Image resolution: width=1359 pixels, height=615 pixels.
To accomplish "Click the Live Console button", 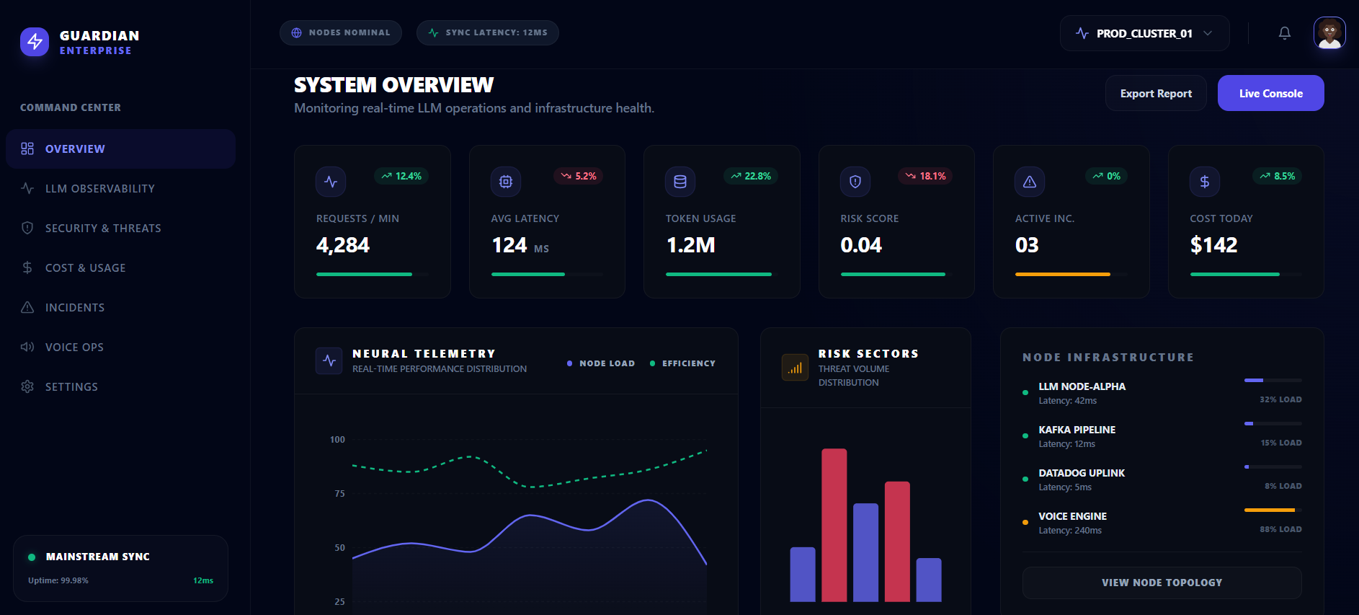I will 1270,93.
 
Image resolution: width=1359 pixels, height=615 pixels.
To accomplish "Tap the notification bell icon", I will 1284,33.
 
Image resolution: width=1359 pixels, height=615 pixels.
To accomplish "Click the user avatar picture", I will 1329,33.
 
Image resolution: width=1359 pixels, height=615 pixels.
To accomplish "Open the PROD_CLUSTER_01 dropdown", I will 1144,33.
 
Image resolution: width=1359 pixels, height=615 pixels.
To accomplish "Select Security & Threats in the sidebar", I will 102,228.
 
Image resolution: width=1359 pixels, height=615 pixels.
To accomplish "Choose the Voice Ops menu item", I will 74,347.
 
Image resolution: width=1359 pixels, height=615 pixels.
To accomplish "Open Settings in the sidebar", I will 71,386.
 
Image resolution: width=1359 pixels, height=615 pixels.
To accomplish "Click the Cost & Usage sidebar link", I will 85,267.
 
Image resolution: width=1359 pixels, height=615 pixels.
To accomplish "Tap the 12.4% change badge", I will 401,176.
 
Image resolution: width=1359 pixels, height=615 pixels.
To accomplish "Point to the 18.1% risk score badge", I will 925,176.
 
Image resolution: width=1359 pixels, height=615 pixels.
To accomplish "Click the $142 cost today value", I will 1213,245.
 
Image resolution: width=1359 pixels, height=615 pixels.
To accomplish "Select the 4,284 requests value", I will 343,245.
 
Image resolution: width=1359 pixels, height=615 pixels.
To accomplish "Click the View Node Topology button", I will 1162,583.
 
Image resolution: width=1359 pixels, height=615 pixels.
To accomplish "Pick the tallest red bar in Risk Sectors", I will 834,525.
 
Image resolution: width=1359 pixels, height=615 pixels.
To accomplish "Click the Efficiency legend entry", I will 682,363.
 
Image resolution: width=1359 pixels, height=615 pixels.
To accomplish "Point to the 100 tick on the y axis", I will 337,439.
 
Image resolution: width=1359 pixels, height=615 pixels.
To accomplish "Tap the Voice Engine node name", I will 1072,516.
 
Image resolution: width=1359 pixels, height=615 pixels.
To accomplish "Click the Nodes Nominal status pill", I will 341,32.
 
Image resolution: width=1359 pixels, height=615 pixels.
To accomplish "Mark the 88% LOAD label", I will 1280,529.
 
